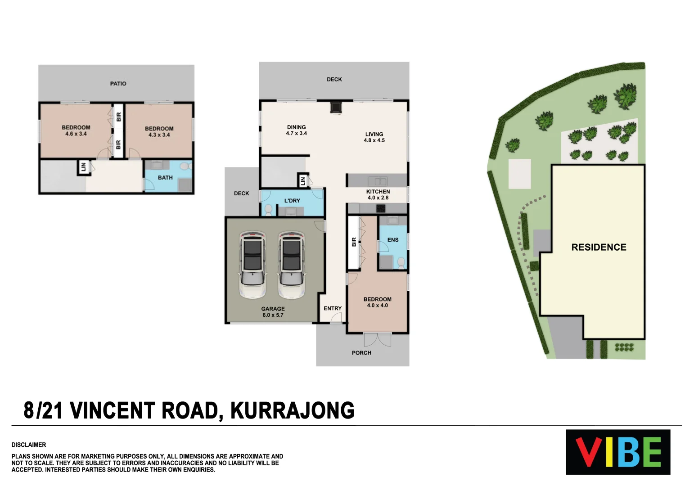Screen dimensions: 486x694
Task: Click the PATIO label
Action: pyautogui.click(x=118, y=84)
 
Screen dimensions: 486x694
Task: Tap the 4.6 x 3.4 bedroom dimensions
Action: pyautogui.click(x=76, y=134)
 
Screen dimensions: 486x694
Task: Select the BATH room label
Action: pyautogui.click(x=165, y=178)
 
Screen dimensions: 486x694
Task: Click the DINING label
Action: pyautogui.click(x=296, y=127)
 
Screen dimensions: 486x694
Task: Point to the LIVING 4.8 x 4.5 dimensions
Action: pyautogui.click(x=374, y=140)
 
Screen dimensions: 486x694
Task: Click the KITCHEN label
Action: pyautogui.click(x=378, y=192)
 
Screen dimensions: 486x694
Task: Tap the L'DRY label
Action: pyautogui.click(x=292, y=201)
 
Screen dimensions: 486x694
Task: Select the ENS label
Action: pyautogui.click(x=393, y=240)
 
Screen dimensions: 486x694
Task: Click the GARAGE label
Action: pyautogui.click(x=273, y=309)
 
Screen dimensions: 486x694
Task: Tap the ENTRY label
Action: pyautogui.click(x=333, y=308)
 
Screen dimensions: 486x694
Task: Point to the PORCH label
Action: pyautogui.click(x=361, y=353)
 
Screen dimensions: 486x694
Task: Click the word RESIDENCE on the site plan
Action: pyautogui.click(x=599, y=247)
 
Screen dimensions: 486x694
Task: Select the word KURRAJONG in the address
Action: pyautogui.click(x=293, y=410)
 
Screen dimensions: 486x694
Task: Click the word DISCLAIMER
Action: pyautogui.click(x=29, y=445)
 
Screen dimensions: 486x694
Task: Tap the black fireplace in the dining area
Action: pyautogui.click(x=336, y=108)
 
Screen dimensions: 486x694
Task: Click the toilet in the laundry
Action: pyautogui.click(x=268, y=210)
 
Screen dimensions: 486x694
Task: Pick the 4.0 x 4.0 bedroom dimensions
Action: pyautogui.click(x=377, y=306)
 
